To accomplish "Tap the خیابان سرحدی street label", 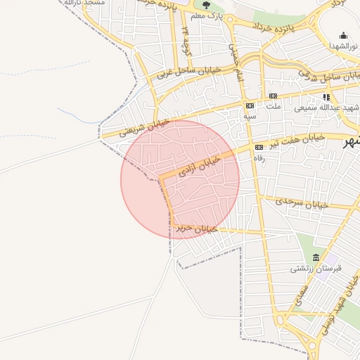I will coord(302,202).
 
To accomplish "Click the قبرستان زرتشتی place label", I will coord(316,269).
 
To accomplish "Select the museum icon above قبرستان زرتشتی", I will coord(316,257).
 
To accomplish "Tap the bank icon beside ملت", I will coord(273,96).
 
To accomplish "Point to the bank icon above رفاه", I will coord(259,147).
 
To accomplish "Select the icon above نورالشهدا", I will coord(343,35).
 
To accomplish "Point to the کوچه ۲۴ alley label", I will coord(186,41).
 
